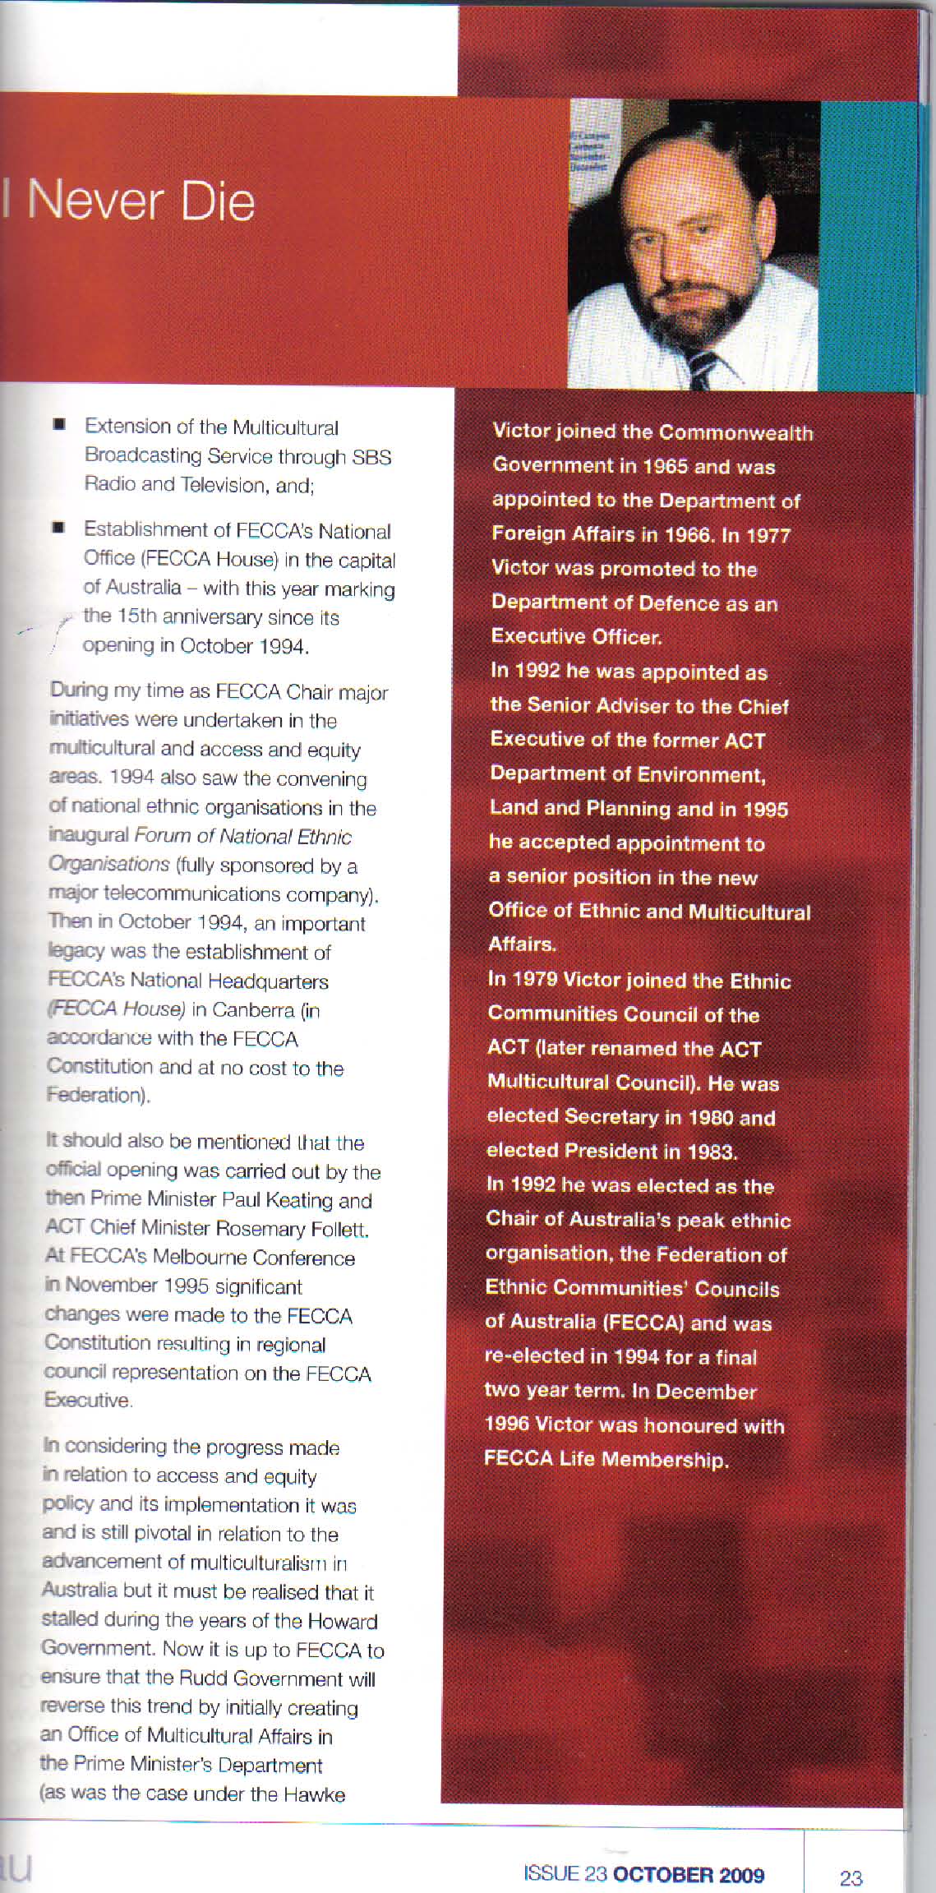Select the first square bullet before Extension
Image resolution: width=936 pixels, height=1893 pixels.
[60, 425]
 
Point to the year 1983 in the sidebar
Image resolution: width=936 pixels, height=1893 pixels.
[710, 1152]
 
